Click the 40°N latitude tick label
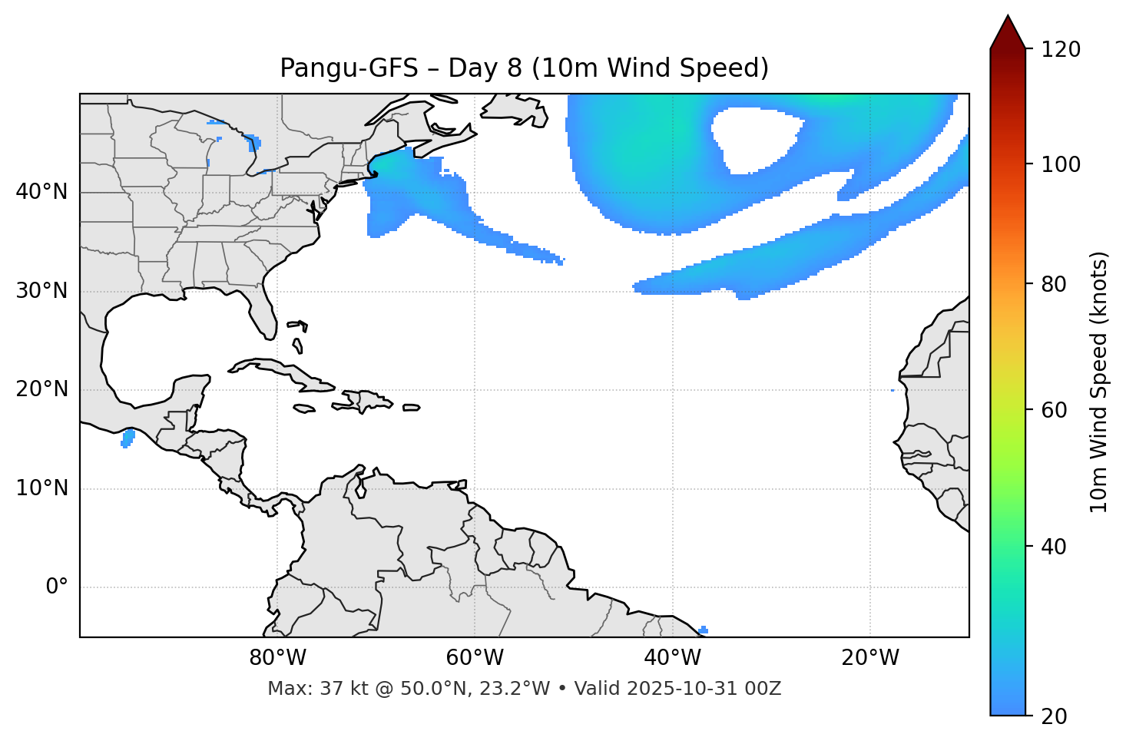41,192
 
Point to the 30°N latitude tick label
41,291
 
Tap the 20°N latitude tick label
41,389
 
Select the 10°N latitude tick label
41,488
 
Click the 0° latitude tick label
57,587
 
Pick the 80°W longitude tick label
277,658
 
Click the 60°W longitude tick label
475,658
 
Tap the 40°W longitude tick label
672,658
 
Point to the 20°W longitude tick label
870,658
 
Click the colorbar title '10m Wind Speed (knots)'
1099,382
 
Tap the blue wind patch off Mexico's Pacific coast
128,438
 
